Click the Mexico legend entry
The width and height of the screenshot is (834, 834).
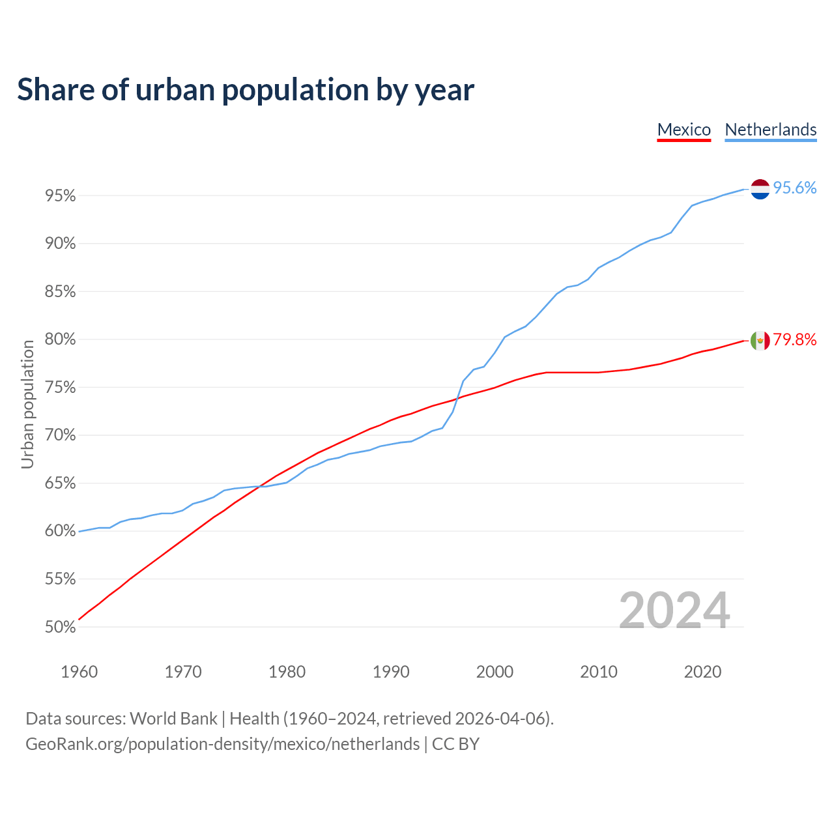point(683,130)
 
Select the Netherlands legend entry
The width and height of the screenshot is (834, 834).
point(770,130)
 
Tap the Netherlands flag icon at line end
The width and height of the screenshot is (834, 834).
point(760,189)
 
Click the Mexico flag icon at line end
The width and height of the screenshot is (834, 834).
point(760,340)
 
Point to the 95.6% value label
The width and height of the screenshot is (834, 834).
point(795,188)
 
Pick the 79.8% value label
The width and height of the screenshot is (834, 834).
point(795,339)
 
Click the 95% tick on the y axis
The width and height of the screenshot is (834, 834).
point(60,196)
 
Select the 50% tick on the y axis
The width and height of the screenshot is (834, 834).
point(60,627)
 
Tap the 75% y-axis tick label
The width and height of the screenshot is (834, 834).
point(60,388)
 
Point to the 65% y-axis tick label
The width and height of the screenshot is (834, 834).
point(60,483)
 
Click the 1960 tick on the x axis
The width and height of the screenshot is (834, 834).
point(79,672)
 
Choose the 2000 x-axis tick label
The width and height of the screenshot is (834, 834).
point(495,672)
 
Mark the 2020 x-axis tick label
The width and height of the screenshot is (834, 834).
point(702,672)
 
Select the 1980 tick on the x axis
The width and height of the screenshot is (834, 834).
point(287,672)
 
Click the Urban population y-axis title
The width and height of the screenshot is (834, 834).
point(27,404)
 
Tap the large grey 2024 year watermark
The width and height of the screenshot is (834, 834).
point(674,611)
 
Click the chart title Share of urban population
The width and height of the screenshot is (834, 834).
point(246,89)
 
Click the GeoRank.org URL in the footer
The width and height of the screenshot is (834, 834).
point(222,744)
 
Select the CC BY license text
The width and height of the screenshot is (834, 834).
point(455,744)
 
